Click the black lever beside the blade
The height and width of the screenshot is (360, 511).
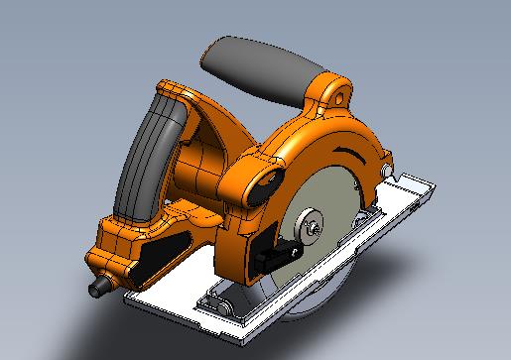pyautogui.click(x=283, y=253)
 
